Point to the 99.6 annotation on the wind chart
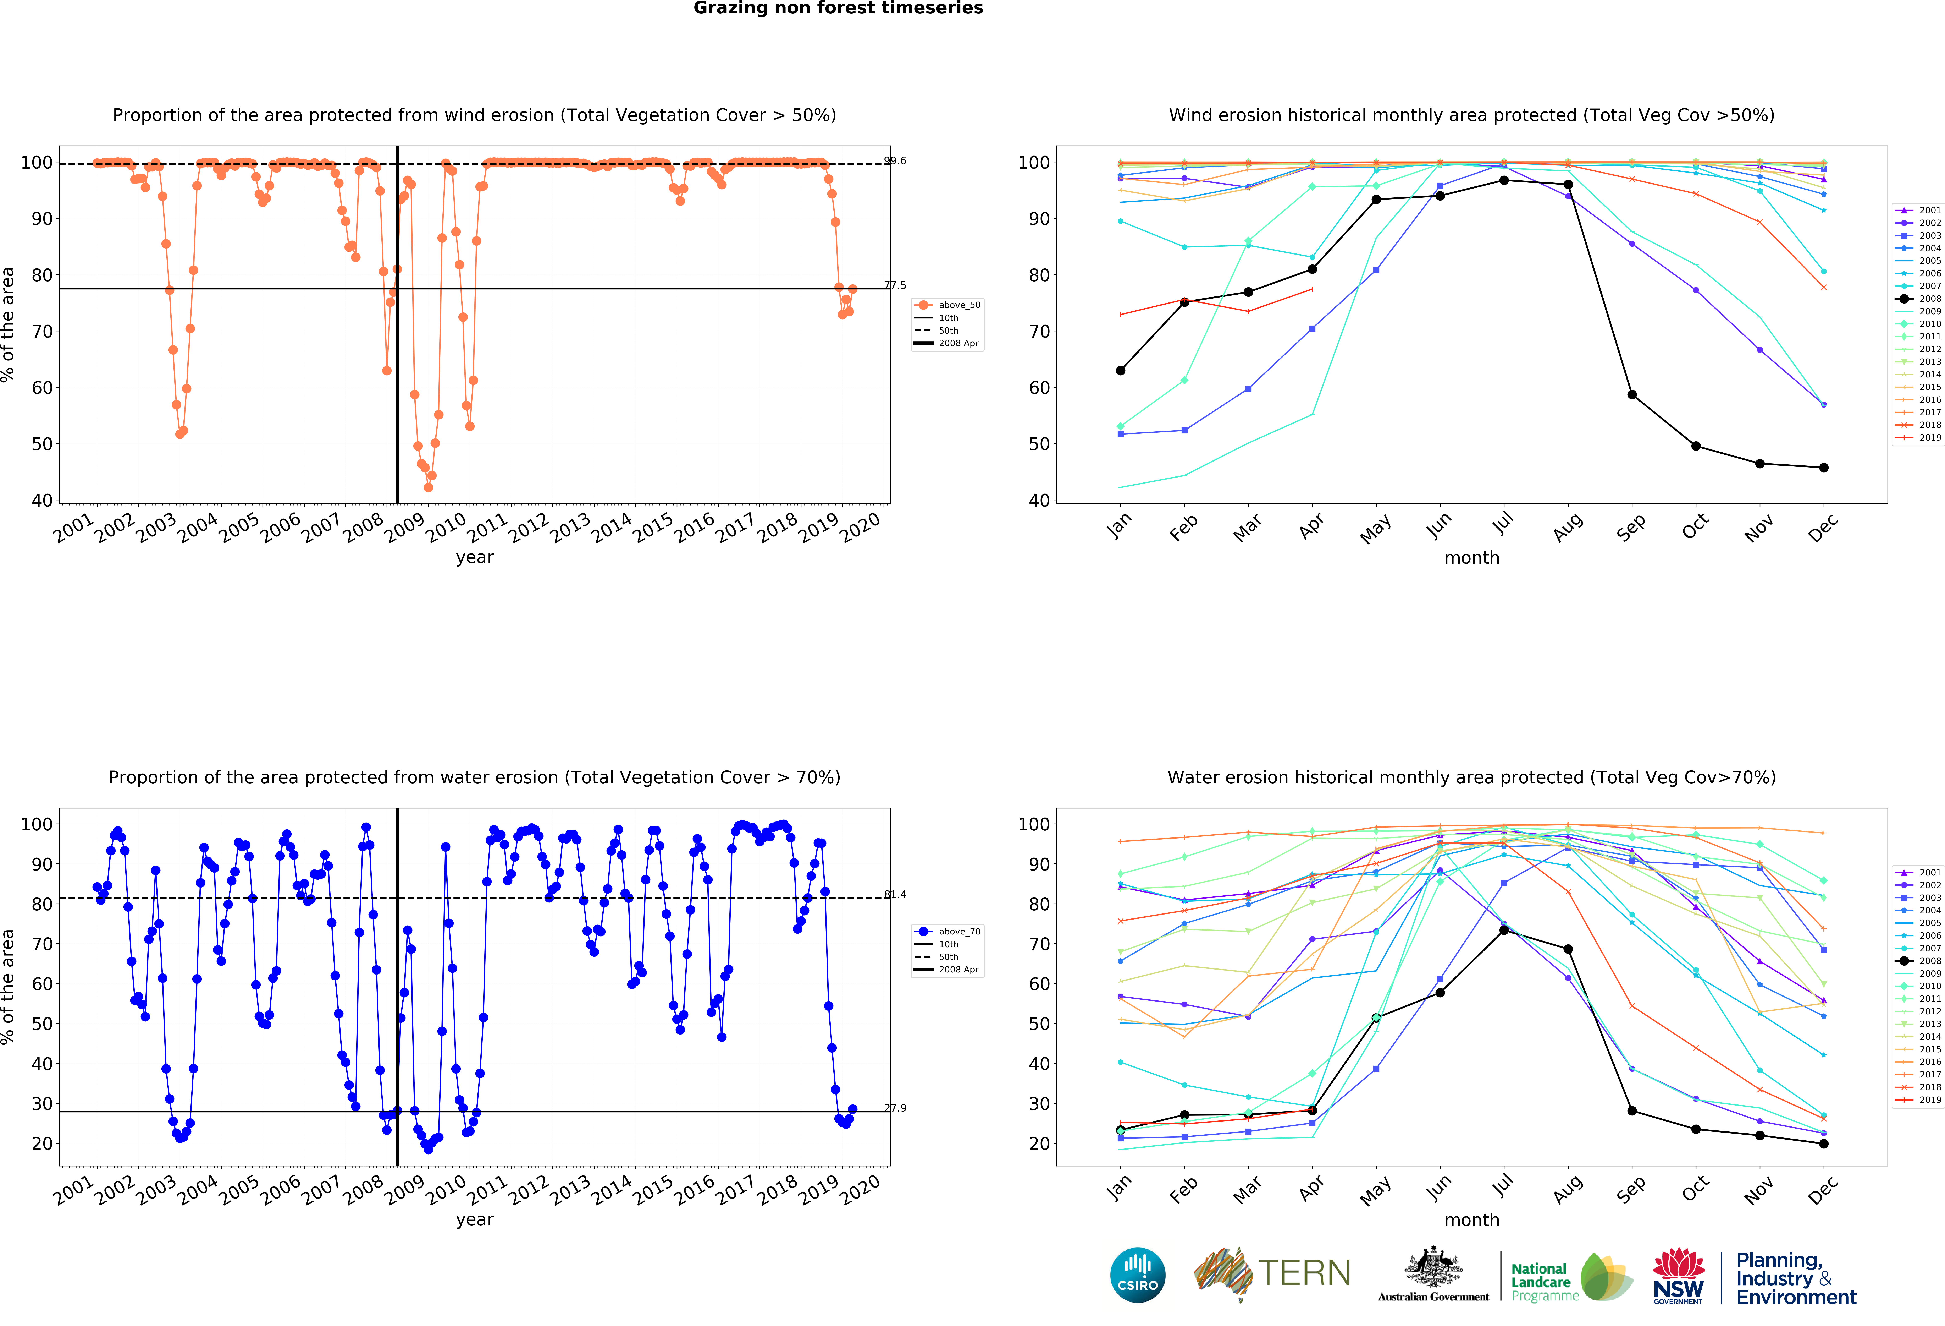click(895, 161)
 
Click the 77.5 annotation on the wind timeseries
click(895, 285)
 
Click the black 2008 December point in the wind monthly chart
click(1824, 468)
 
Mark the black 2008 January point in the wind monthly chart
click(1121, 371)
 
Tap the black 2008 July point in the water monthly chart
click(1504, 930)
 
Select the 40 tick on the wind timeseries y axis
click(42, 501)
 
